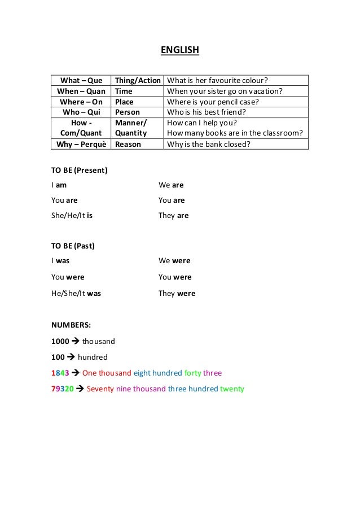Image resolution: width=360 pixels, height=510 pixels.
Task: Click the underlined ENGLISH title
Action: coord(180,51)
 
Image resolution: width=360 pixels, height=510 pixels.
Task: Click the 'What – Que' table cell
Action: coord(81,80)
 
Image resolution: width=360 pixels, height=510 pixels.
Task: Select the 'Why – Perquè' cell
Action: coord(81,144)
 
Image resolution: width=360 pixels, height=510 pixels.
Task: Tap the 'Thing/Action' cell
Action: coord(138,80)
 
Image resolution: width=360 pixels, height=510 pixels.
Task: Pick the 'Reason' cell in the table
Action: coord(128,144)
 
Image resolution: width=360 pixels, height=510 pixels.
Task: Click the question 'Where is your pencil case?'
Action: coord(213,102)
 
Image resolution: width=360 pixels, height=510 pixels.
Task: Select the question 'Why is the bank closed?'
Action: coord(209,144)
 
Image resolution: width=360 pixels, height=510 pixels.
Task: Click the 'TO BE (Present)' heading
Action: coord(80,169)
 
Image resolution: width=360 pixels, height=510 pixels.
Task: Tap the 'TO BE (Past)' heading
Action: coord(73,246)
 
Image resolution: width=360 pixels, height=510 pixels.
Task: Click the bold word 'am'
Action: coord(63,185)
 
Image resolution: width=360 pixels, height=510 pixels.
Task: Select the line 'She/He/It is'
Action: coord(72,215)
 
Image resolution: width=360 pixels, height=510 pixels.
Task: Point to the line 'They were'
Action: coord(177,293)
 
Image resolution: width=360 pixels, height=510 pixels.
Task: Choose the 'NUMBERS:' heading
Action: coord(72,325)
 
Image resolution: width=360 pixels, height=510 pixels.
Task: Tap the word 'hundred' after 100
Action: coord(93,357)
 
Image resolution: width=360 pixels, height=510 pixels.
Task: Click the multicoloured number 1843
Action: coord(60,373)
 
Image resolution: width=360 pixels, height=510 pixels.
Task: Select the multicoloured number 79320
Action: coord(62,389)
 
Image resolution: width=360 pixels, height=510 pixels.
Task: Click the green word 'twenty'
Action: coord(232,389)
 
